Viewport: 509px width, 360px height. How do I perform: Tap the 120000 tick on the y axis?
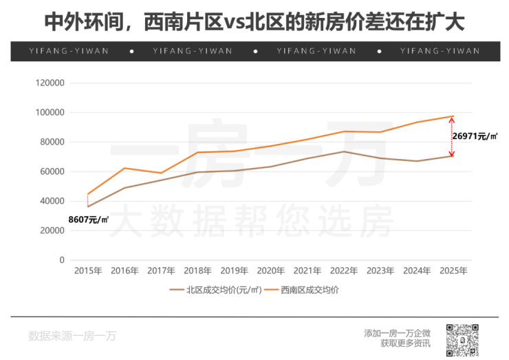(50, 83)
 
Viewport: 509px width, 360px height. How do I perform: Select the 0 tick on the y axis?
(61, 260)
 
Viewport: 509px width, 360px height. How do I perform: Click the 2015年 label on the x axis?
(88, 271)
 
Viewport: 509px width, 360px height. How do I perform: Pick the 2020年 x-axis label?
(270, 271)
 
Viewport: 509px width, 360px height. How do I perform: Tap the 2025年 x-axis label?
(453, 271)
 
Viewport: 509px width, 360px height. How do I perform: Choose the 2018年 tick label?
(197, 271)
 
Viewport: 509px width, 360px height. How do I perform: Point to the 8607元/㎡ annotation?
(89, 220)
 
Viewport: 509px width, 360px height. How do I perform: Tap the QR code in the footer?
(462, 339)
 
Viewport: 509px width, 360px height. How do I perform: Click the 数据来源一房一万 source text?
(72, 337)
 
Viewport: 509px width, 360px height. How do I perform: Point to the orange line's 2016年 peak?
(124, 168)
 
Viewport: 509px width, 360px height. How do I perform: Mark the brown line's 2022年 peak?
(343, 151)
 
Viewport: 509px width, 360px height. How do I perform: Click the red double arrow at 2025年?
(452, 136)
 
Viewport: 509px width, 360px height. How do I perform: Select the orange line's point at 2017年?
(161, 173)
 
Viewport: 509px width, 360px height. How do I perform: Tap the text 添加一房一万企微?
(397, 333)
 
